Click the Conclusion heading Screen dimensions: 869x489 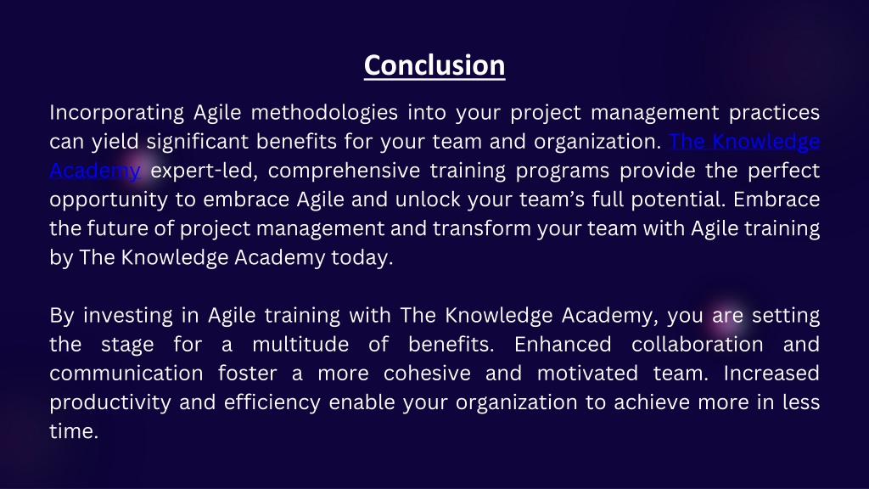(434, 65)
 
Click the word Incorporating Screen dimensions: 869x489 (116, 113)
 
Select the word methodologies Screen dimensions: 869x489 (324, 113)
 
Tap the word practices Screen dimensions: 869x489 (774, 113)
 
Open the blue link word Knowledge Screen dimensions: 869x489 (766, 142)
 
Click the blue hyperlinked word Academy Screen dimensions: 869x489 (95, 171)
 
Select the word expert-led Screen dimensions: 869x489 (205, 171)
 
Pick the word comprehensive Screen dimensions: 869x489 (345, 171)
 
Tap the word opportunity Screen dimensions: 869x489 (109, 200)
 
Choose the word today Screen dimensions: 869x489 (362, 258)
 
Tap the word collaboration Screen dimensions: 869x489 (698, 345)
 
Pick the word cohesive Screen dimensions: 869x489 (427, 374)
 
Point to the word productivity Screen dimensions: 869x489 (110, 402)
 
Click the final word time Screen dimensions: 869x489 (74, 431)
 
